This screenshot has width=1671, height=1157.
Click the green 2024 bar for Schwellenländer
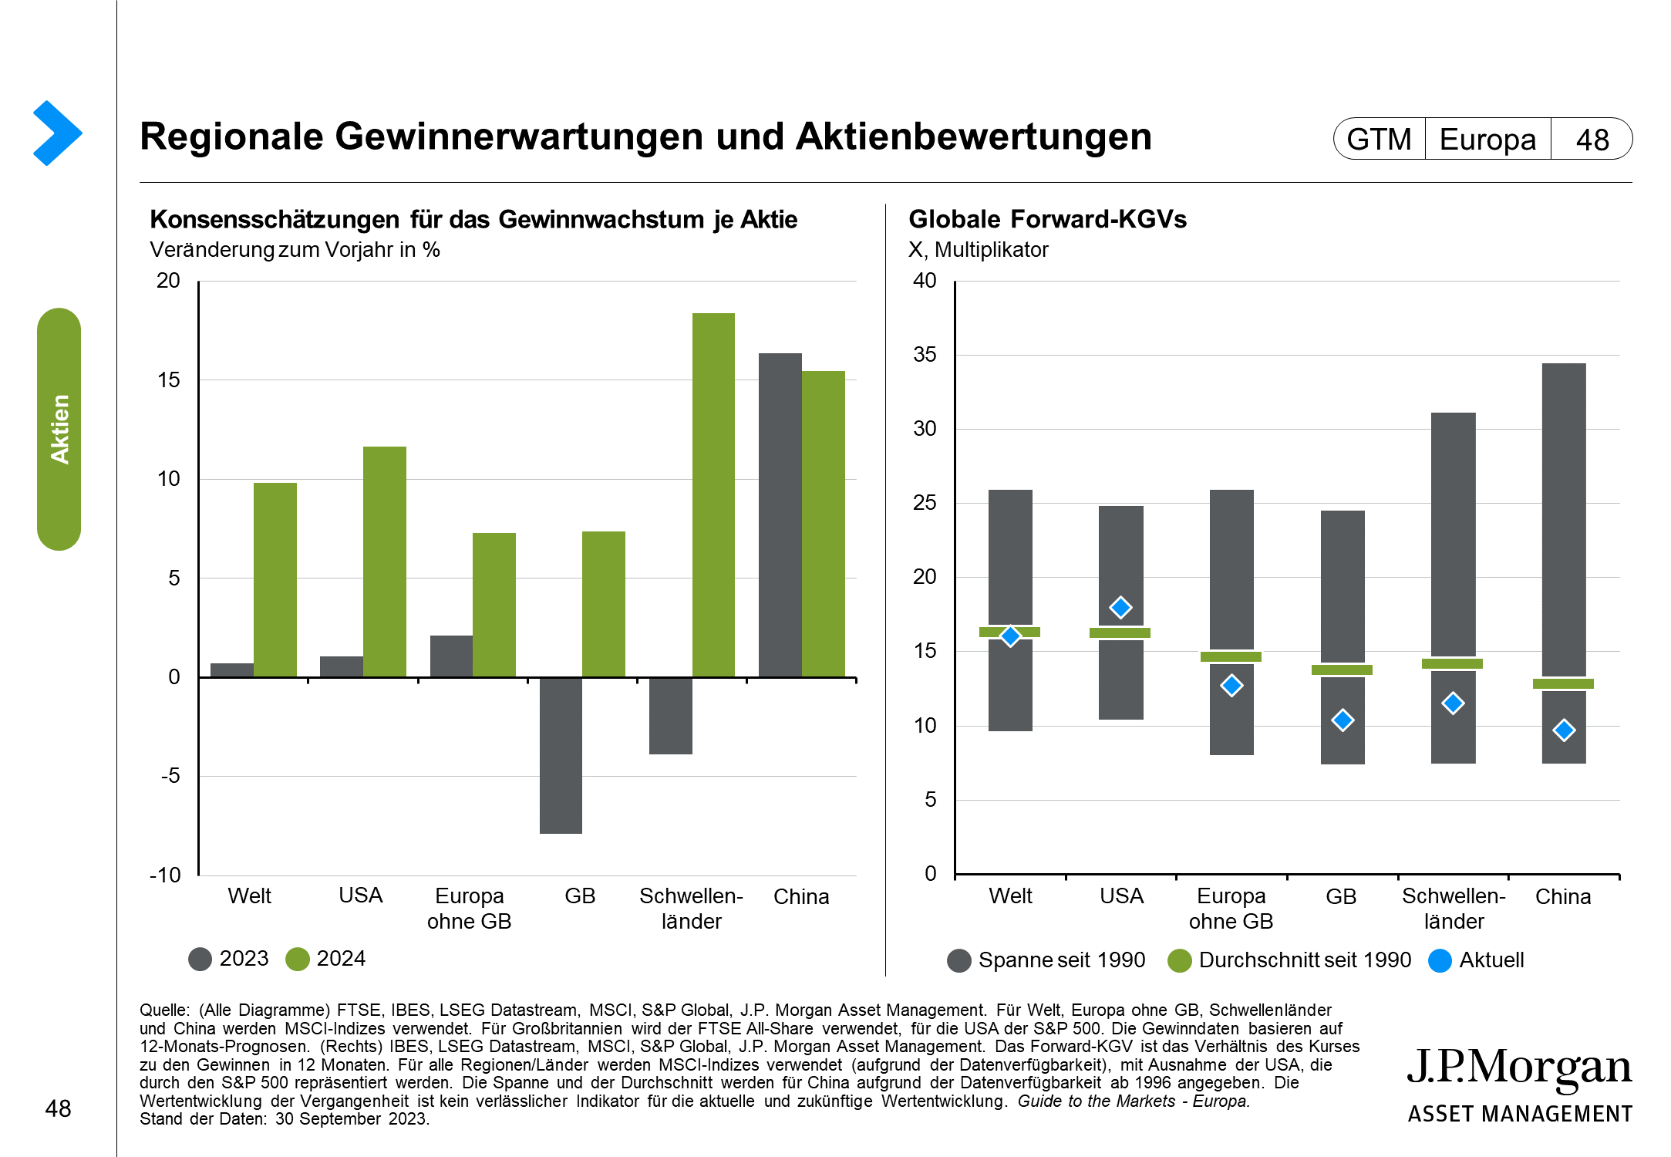713,494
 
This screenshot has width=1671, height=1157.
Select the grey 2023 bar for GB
561,755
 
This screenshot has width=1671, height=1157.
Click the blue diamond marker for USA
1120,608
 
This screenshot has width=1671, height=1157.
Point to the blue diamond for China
1564,730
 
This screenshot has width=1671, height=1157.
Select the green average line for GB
1342,670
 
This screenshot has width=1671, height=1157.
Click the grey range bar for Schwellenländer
1453,540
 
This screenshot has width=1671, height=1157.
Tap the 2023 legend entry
229,959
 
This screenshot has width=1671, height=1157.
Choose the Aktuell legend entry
1476,960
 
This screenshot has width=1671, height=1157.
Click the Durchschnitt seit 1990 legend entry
1289,960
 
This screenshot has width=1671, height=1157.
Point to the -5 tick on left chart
170,776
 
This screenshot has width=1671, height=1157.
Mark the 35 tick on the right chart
925,355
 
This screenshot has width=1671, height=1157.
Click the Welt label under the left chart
249,896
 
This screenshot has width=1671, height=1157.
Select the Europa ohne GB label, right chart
1231,909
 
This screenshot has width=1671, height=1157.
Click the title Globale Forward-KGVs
1047,220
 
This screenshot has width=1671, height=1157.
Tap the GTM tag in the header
1379,140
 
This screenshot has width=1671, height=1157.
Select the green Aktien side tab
59,429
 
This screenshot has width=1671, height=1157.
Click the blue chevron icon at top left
56,133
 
